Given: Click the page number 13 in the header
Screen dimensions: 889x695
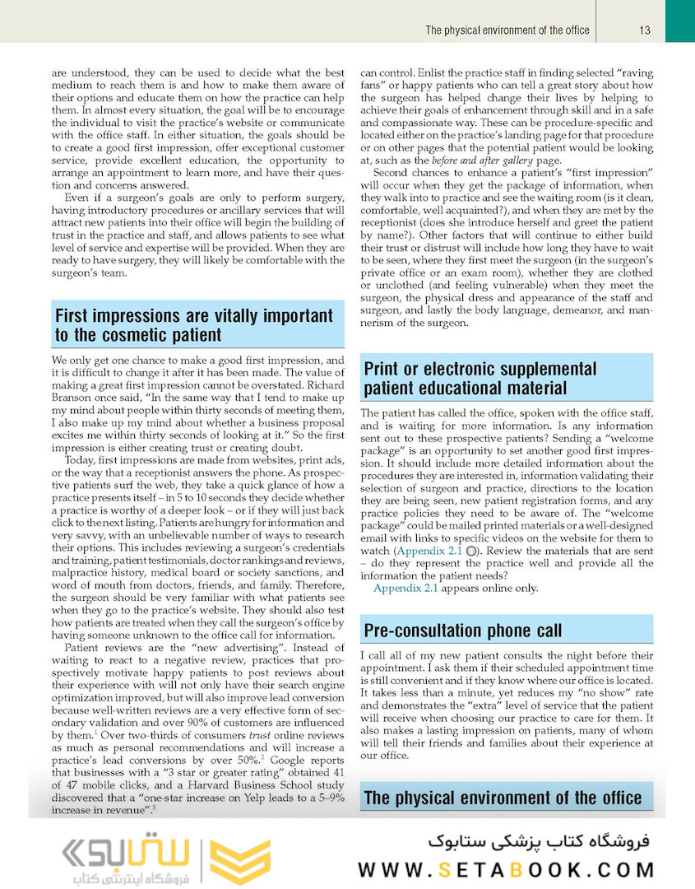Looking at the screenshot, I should (x=645, y=30).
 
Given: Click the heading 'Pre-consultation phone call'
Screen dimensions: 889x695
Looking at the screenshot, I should (x=463, y=631).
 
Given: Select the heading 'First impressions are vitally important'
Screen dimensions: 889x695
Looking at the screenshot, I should (x=194, y=316).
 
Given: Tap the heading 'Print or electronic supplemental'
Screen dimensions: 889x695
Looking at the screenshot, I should (x=480, y=369).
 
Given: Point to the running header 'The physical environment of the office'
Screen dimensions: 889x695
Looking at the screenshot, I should (x=507, y=30).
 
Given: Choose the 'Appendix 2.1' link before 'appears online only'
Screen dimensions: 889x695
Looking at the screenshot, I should (x=405, y=589).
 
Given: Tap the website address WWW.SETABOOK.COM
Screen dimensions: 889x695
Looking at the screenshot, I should (x=507, y=869).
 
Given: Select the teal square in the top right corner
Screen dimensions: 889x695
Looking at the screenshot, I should (x=679, y=21).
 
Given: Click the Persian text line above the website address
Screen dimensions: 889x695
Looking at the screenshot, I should (x=540, y=841).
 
